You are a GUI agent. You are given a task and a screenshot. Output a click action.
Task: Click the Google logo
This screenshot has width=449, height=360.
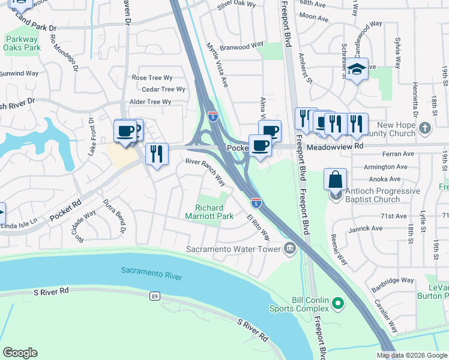20,353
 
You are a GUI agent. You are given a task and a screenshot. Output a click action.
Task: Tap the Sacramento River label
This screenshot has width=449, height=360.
151,272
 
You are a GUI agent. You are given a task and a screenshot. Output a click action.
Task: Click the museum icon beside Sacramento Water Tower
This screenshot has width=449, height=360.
290,248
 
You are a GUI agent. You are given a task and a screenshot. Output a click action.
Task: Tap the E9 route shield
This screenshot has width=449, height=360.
155,295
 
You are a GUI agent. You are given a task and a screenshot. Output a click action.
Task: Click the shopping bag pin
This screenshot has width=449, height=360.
335,179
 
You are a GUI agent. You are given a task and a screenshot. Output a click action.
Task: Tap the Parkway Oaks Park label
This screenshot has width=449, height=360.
22,43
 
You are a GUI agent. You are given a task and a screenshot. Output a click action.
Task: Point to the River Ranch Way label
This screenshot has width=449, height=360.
205,172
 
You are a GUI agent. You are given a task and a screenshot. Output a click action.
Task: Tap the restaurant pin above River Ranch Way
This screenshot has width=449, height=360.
157,154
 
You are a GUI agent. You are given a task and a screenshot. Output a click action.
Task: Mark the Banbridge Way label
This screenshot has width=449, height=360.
391,280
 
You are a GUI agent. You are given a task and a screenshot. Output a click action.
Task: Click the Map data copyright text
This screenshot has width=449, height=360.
412,355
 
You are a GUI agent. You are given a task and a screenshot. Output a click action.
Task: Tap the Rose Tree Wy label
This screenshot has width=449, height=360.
152,77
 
